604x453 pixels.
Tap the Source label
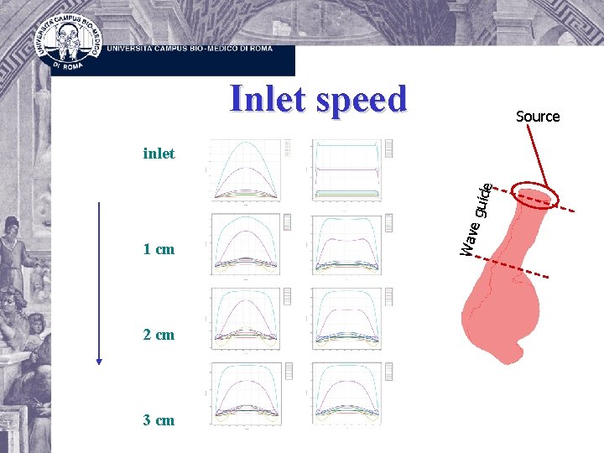(x=538, y=117)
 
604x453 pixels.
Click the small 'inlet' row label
(x=159, y=153)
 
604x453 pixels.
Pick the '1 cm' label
(x=159, y=249)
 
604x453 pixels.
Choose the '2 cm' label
(x=159, y=334)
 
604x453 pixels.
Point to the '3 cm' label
(x=159, y=419)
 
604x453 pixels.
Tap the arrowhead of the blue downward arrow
(x=99, y=361)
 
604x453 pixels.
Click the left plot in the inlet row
(x=245, y=169)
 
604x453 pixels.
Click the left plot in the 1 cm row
(x=245, y=244)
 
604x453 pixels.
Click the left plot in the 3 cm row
(x=245, y=392)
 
